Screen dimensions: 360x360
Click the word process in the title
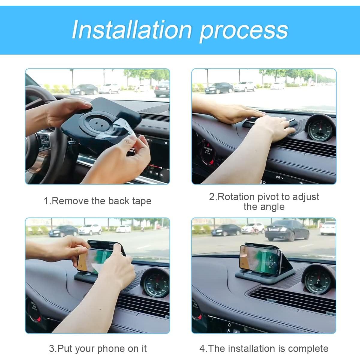point(244,31)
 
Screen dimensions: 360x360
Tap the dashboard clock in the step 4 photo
point(318,280)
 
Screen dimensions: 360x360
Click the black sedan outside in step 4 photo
point(286,230)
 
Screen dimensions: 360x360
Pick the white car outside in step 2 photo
point(245,86)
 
